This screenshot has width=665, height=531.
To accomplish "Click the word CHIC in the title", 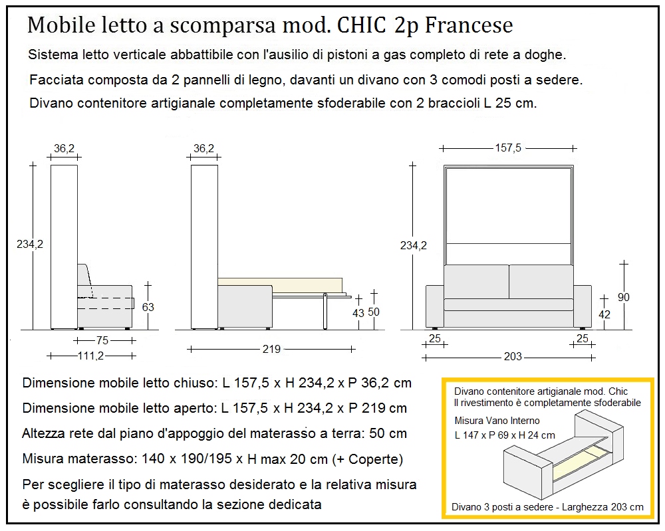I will tap(362, 25).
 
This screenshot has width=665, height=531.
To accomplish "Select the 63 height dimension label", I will tap(148, 307).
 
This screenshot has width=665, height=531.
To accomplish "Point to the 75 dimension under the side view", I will tap(102, 340).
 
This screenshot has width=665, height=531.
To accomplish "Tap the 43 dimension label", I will tap(358, 313).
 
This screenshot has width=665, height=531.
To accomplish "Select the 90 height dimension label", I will tap(623, 297).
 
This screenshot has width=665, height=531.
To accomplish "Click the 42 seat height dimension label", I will tap(604, 315).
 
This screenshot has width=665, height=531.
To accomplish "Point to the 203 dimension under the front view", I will tap(513, 357).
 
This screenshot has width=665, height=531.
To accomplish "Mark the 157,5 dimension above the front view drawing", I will tap(508, 148).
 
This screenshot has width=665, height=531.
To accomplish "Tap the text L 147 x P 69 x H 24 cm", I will tap(505, 435).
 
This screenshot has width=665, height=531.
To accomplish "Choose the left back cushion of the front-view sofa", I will tap(475, 281).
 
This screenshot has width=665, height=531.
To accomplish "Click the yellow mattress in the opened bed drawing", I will tap(279, 281).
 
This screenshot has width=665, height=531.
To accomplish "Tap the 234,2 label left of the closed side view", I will tap(30, 244).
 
